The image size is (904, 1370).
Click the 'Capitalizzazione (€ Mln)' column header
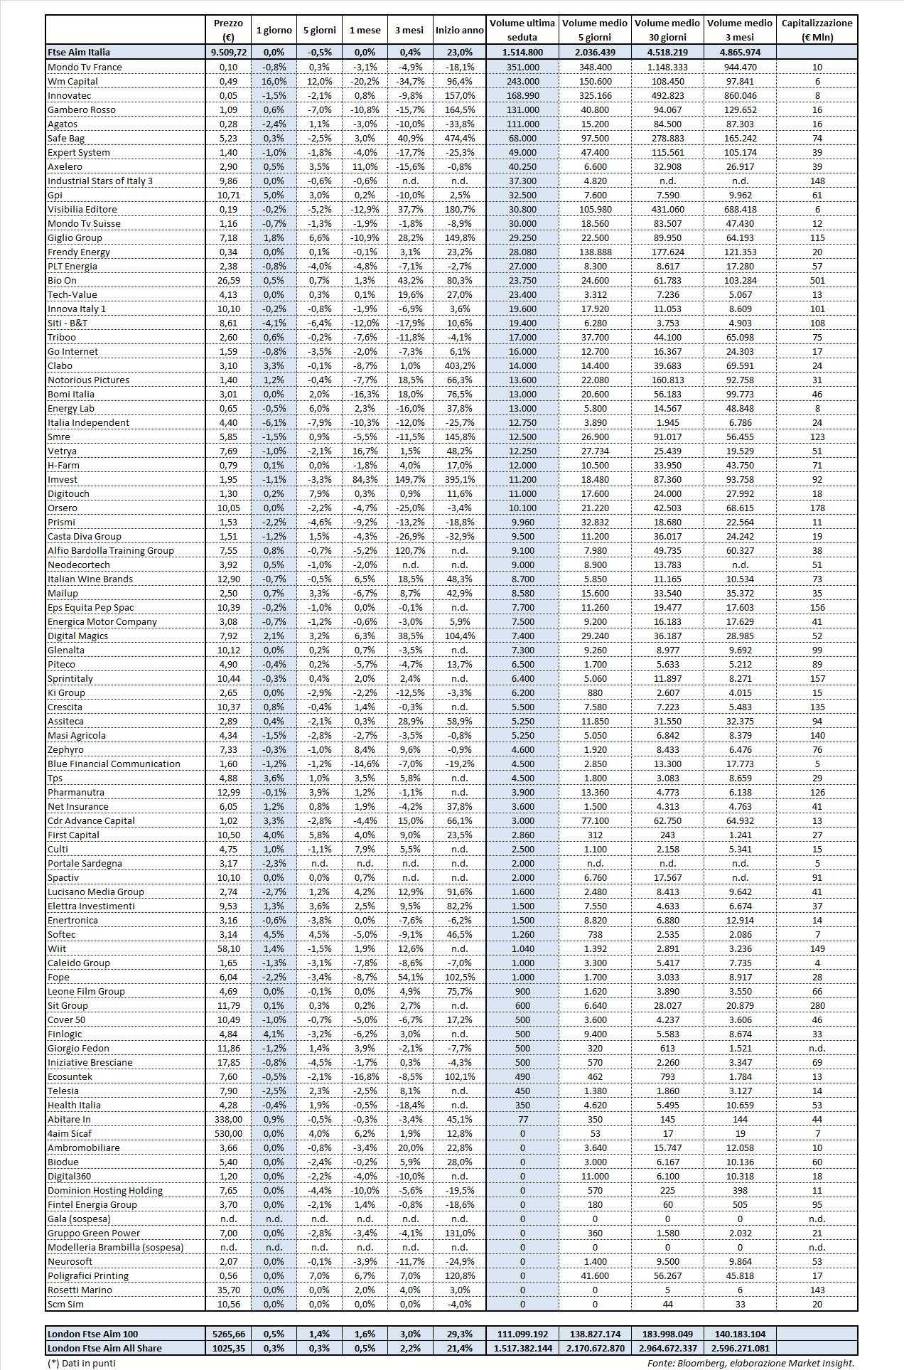[817, 30]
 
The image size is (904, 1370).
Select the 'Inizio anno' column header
[460, 31]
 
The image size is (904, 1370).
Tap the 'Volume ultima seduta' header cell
[522, 30]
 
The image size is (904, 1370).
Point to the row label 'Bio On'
[62, 280]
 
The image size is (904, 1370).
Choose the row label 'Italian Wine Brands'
[90, 579]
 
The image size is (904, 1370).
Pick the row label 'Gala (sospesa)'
[79, 1219]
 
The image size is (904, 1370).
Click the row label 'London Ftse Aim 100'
[93, 1334]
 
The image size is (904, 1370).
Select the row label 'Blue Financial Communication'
[114, 764]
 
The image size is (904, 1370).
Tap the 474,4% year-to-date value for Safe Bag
[460, 138]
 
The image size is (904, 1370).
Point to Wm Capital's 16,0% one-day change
[274, 81]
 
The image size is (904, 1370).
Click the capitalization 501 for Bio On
[817, 280]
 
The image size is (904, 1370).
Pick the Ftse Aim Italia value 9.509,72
[229, 52]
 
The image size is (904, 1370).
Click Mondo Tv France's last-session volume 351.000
[522, 67]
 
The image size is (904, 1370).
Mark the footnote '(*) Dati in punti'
[81, 1363]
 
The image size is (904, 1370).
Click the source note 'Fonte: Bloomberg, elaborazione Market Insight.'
[750, 1363]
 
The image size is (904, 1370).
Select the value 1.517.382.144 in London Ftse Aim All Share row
[522, 1348]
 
